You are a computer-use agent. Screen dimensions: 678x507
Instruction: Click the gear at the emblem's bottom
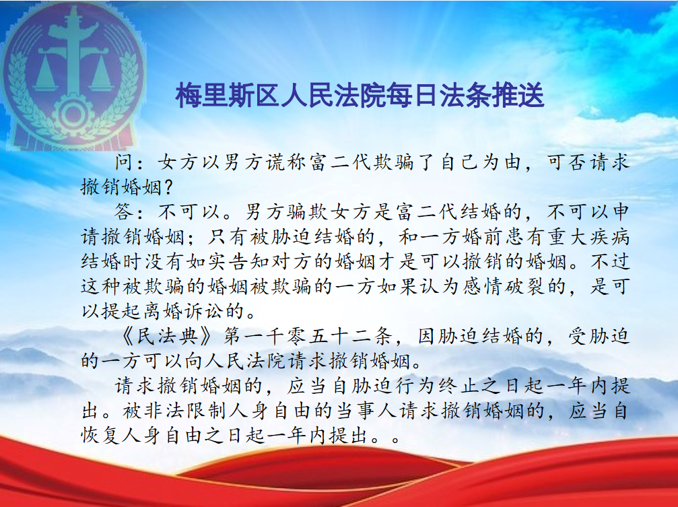tap(73, 113)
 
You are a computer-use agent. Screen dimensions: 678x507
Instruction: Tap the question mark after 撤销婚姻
tap(169, 187)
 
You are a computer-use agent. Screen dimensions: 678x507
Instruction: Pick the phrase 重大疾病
tap(587, 236)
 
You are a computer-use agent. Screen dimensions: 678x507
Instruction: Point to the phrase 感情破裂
tap(503, 286)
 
